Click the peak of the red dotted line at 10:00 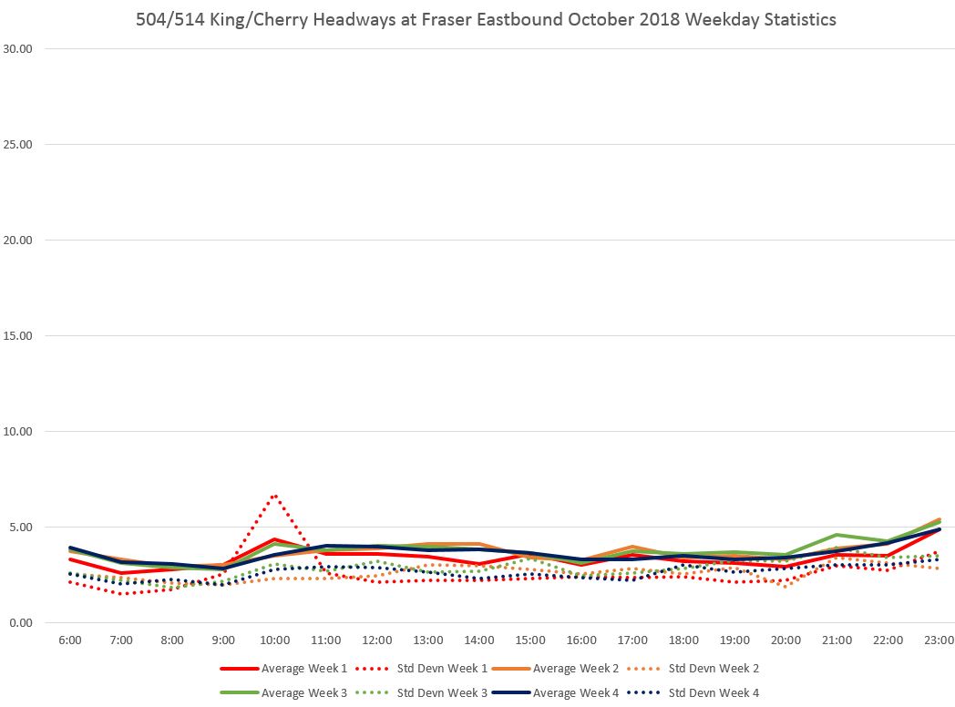(x=275, y=496)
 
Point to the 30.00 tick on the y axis (x=18, y=49)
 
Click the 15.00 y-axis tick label (x=18, y=336)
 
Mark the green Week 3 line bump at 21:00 (x=837, y=535)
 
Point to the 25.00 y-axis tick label (x=18, y=145)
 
